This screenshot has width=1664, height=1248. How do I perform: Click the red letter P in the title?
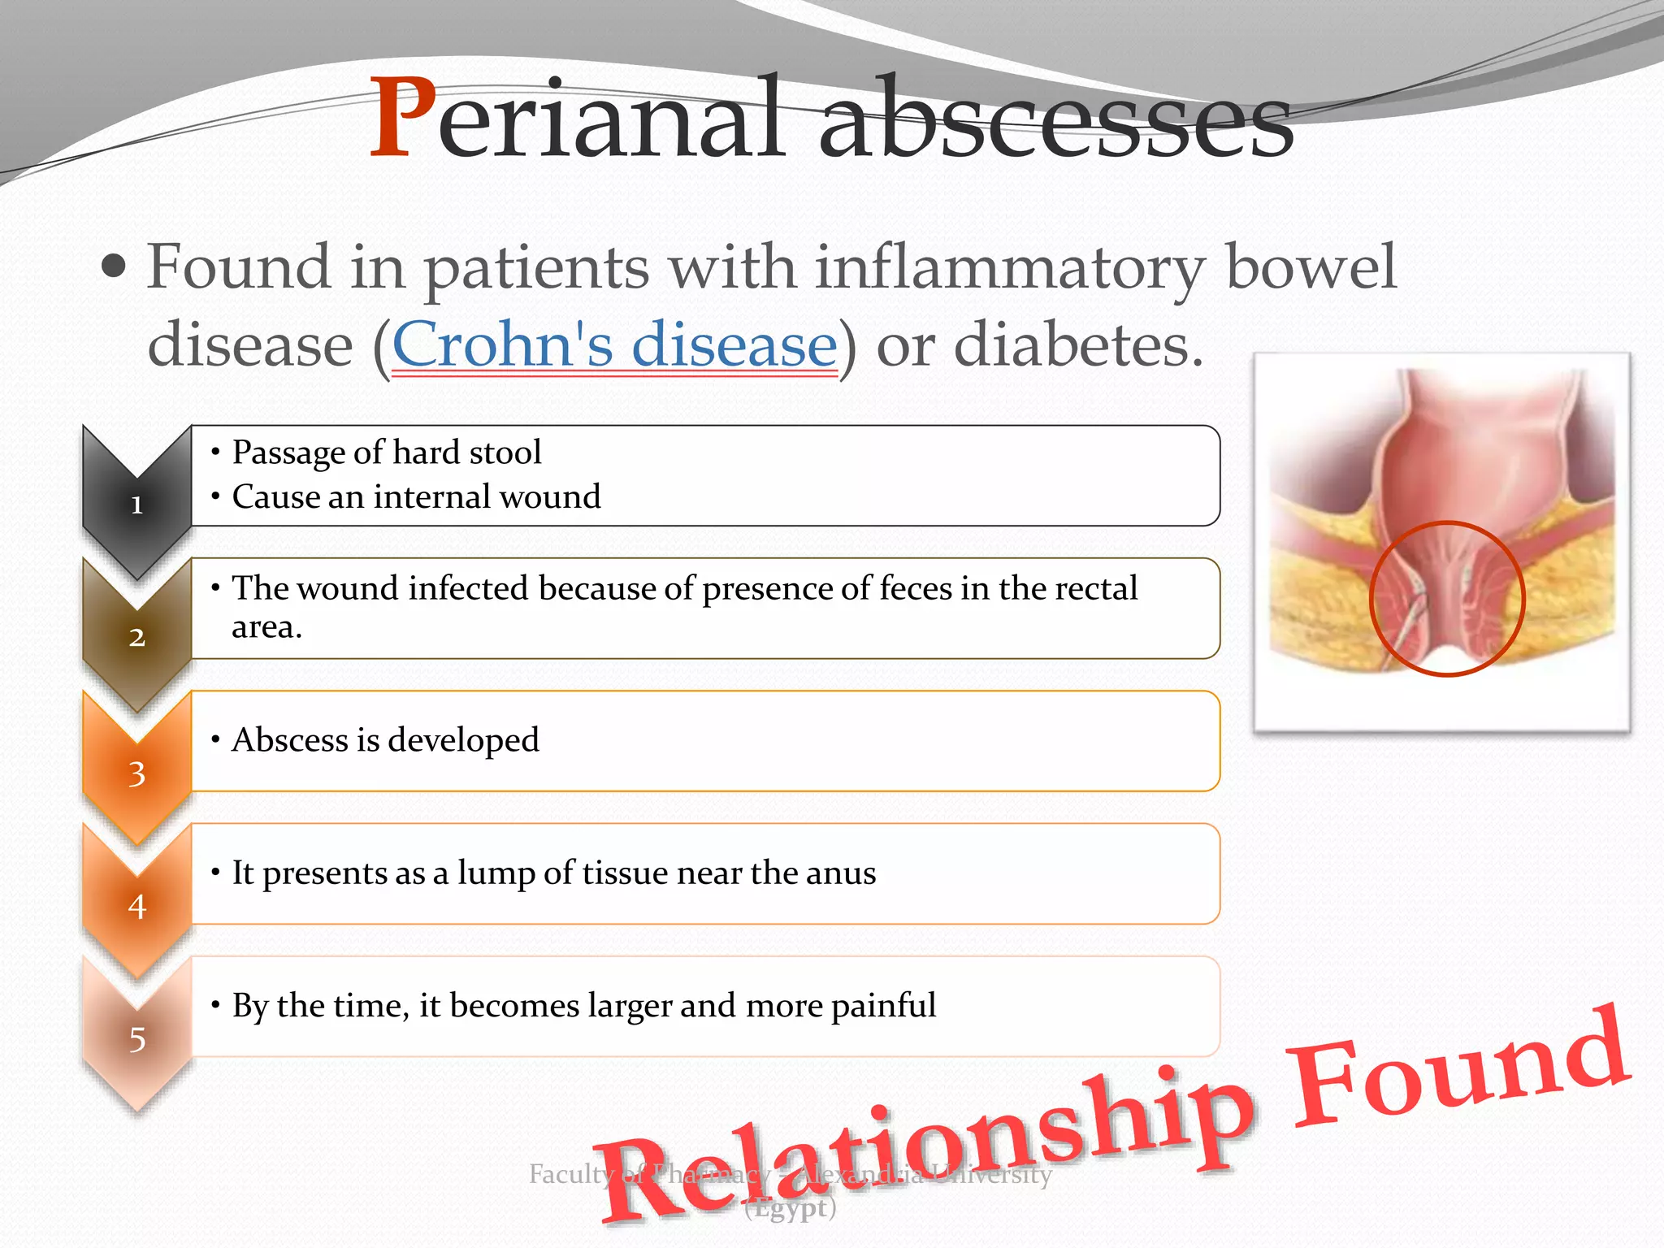[x=402, y=118]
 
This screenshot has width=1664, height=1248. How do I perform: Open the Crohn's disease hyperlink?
[x=614, y=344]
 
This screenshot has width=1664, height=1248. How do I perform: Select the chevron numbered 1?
[x=136, y=504]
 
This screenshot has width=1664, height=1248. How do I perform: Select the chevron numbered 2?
[x=136, y=636]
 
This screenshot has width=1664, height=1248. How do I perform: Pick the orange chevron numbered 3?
[x=136, y=773]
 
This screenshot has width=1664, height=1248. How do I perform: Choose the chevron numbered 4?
[x=136, y=905]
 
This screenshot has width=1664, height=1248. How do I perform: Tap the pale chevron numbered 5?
[x=136, y=1038]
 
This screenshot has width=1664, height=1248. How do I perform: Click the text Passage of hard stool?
[x=387, y=453]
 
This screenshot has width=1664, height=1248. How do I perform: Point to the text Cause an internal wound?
[x=416, y=496]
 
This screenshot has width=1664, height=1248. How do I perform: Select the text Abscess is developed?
[x=385, y=740]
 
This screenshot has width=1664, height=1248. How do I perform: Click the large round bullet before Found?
[x=115, y=266]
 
